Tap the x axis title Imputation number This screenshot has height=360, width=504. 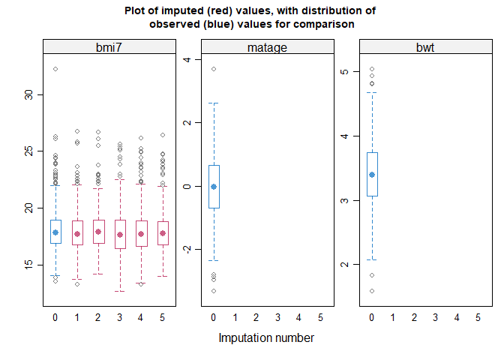pyautogui.click(x=266, y=337)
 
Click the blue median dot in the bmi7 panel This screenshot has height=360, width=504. pyautogui.click(x=55, y=232)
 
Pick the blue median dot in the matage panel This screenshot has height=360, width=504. pyautogui.click(x=214, y=187)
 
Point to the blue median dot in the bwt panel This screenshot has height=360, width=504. pyautogui.click(x=373, y=175)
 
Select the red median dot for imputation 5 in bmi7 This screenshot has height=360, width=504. pyautogui.click(x=163, y=233)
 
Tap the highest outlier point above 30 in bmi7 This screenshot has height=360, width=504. pyautogui.click(x=55, y=69)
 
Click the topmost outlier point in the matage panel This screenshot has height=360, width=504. pyautogui.click(x=214, y=69)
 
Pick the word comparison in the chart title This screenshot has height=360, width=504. pyautogui.click(x=325, y=24)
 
